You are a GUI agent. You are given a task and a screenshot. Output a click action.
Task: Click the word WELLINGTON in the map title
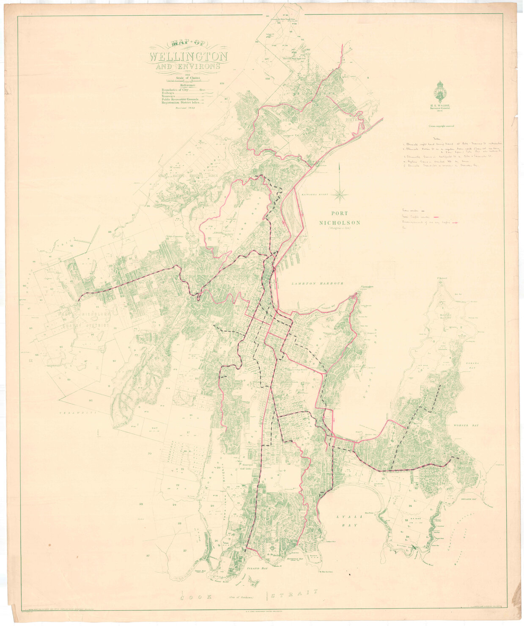pyautogui.click(x=188, y=56)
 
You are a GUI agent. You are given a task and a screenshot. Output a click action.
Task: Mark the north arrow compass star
pyautogui.click(x=340, y=195)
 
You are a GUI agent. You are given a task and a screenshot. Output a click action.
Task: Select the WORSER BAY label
pyautogui.click(x=465, y=424)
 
